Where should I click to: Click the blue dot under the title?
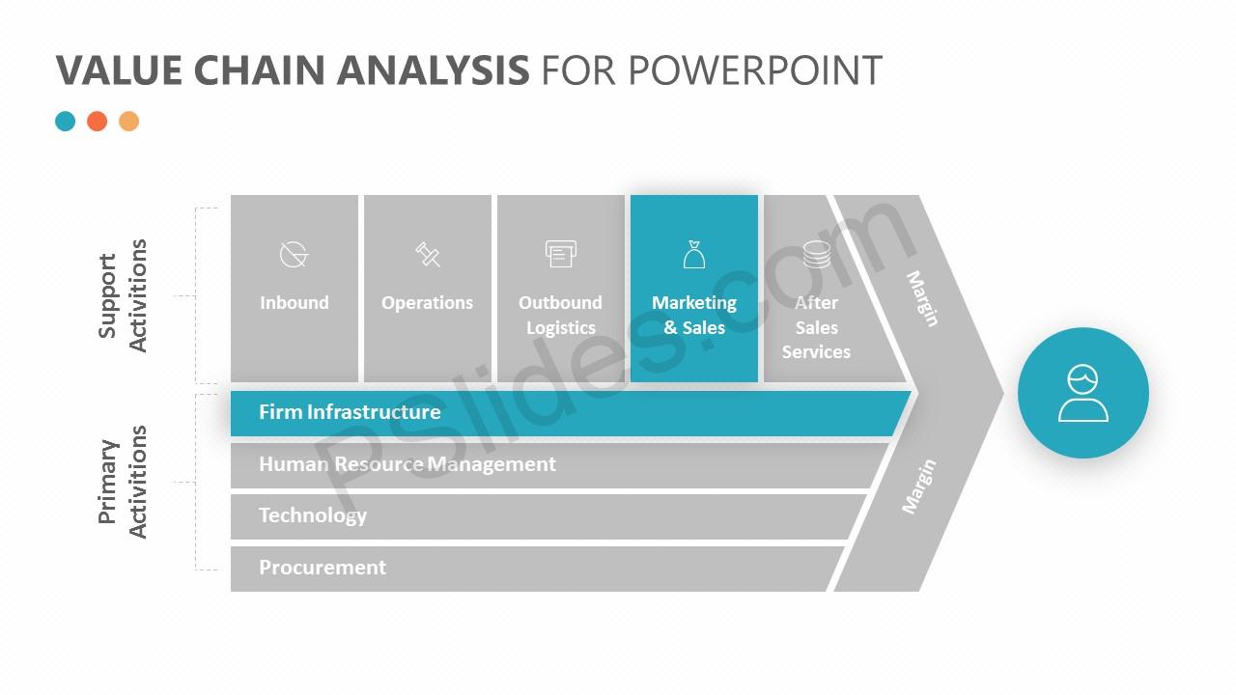[x=65, y=122]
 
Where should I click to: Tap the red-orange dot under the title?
[x=98, y=122]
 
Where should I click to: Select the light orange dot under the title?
[x=129, y=122]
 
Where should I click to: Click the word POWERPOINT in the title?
[x=755, y=70]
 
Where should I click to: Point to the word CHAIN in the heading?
[x=260, y=70]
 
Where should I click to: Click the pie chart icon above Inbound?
[x=294, y=254]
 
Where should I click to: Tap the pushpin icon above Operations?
[x=428, y=254]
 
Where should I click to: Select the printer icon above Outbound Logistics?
[x=561, y=254]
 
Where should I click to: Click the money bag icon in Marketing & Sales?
[x=694, y=254]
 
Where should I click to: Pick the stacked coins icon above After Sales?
[x=817, y=254]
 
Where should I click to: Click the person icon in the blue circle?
[x=1083, y=393]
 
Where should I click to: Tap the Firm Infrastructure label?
[x=350, y=412]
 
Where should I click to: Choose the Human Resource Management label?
[x=407, y=464]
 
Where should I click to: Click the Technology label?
[x=313, y=515]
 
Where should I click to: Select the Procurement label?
[x=323, y=568]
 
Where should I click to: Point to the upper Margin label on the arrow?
[x=922, y=298]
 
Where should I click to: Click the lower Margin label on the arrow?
[x=918, y=486]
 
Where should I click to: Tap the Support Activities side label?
[x=122, y=295]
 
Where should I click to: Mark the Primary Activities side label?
[x=122, y=482]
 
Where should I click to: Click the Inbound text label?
[x=295, y=302]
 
